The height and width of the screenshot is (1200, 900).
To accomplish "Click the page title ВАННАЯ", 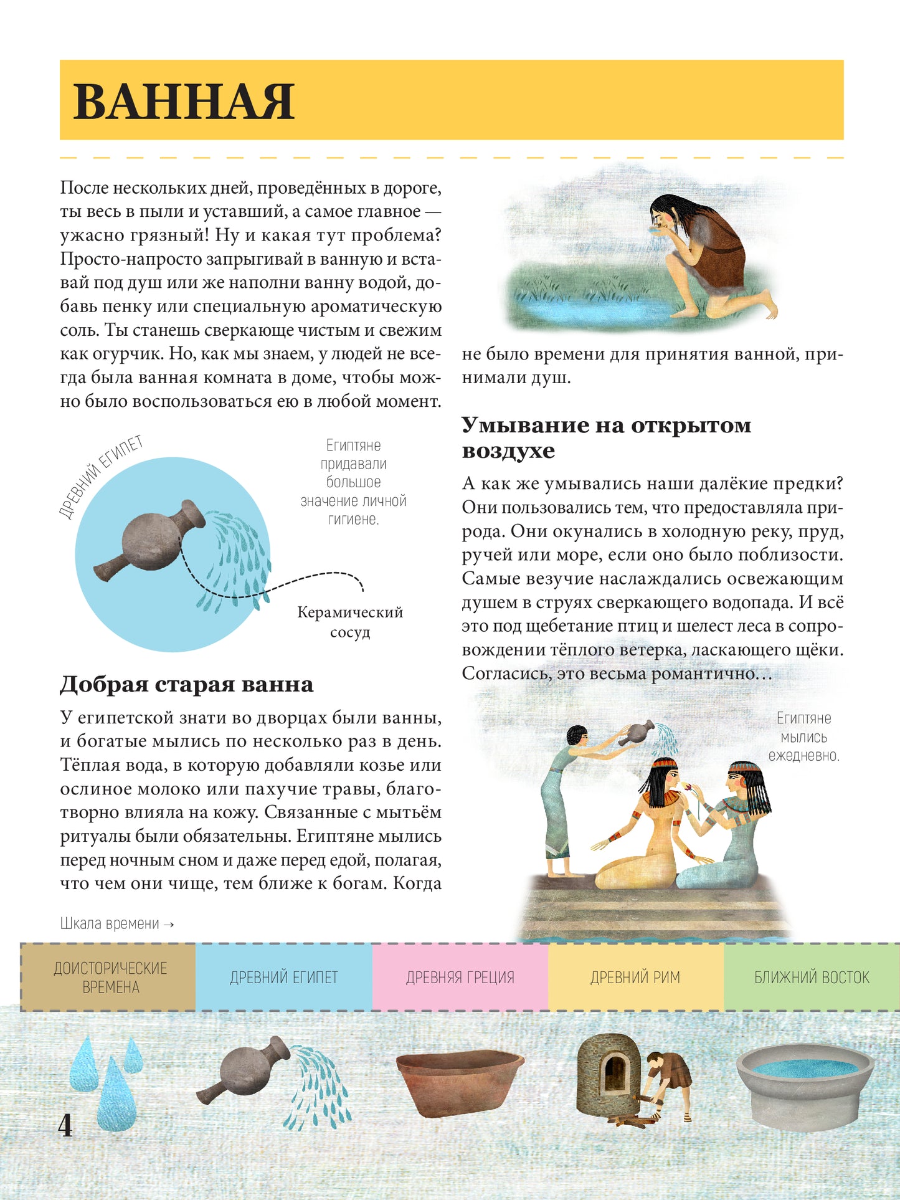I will click(x=184, y=102).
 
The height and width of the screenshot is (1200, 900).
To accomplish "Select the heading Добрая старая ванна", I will click(x=186, y=684).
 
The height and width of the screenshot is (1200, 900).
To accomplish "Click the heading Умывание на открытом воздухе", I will click(x=606, y=437).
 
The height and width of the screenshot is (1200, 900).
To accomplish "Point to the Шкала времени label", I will click(x=116, y=923).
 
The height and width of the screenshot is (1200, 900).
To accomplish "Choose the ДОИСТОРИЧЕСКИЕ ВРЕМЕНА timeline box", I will click(x=110, y=977).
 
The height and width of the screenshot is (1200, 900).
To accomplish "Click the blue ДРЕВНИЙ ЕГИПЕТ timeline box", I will click(x=283, y=977).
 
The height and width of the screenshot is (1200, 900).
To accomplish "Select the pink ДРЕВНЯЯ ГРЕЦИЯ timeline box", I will click(x=460, y=977).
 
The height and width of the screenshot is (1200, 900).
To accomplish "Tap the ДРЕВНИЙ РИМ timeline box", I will click(x=635, y=977).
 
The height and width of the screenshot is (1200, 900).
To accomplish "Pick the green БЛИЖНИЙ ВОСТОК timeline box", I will click(x=811, y=977).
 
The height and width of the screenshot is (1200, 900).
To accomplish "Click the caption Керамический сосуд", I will click(x=349, y=622).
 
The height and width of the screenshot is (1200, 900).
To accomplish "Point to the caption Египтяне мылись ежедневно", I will click(x=803, y=737).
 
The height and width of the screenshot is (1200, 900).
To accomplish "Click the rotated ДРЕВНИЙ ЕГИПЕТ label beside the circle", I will click(x=102, y=476).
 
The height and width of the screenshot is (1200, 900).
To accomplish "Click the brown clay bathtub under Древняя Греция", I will click(x=460, y=1083).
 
